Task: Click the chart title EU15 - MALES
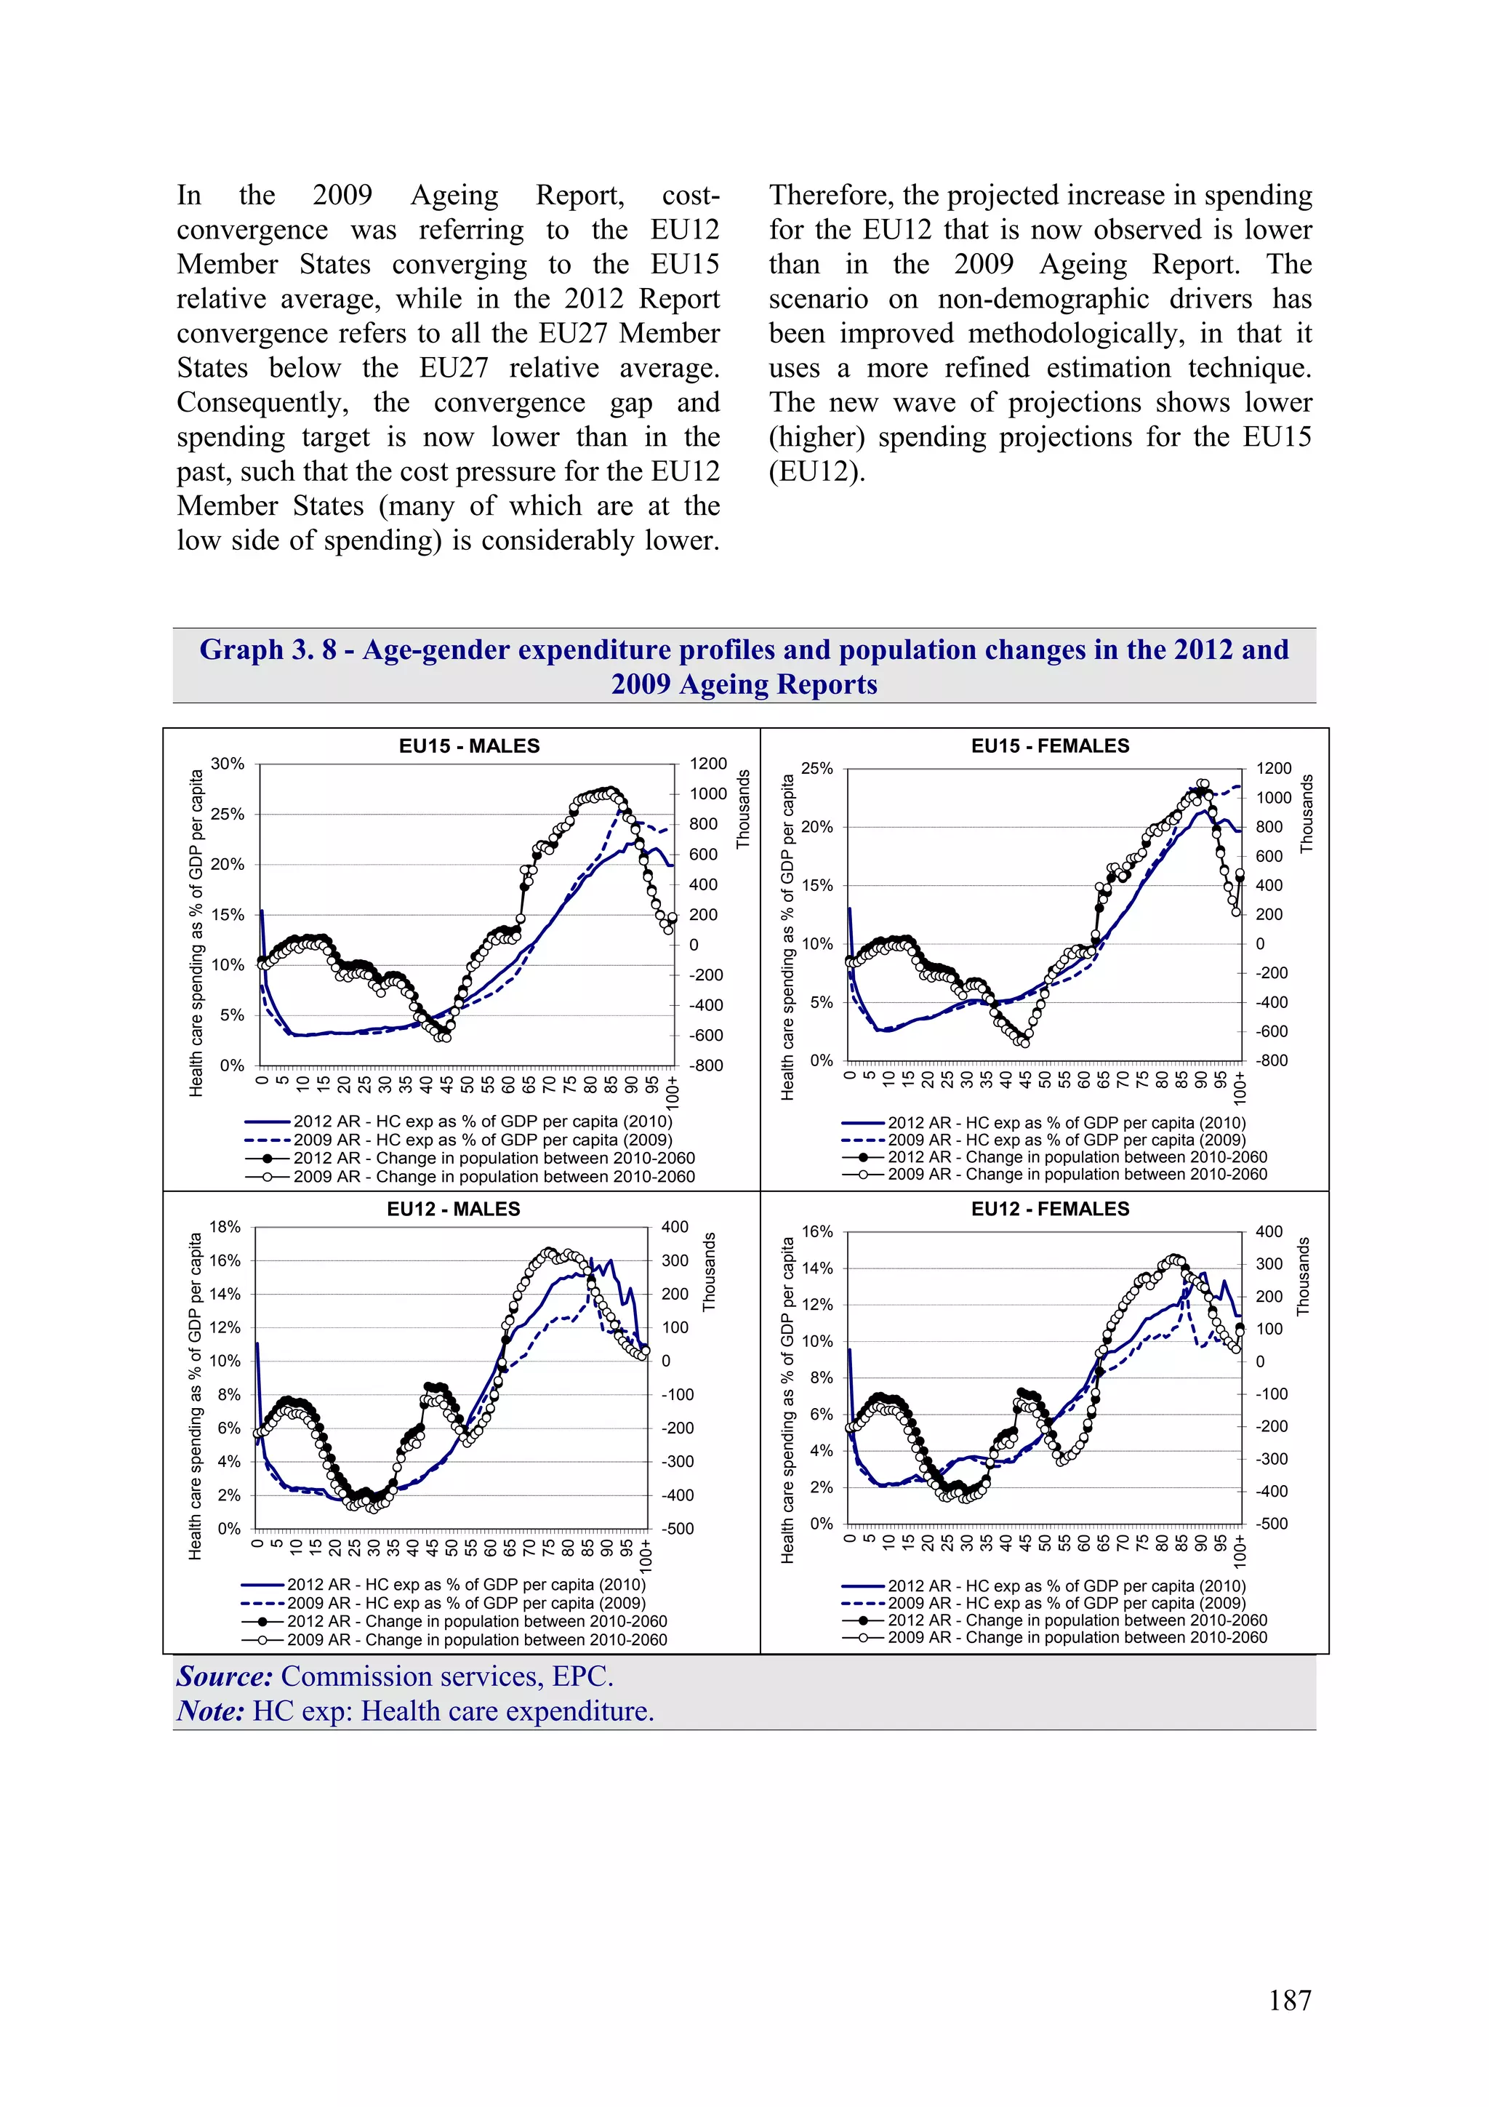pos(469,746)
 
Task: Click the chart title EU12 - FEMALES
pos(1050,1209)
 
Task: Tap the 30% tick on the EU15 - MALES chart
pos(228,764)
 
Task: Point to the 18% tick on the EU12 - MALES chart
pos(225,1227)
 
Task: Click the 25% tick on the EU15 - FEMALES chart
pos(816,768)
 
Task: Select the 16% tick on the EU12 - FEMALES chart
pos(816,1231)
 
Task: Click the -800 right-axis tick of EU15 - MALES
pos(707,1066)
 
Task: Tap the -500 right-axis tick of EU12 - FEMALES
pos(1272,1524)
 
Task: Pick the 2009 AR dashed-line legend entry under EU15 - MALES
pos(481,1140)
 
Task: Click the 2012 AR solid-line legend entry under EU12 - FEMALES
pos(1066,1586)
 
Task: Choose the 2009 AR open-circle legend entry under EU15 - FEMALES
pos(1077,1174)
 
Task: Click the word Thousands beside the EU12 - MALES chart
pos(709,1272)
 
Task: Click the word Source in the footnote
pos(224,1676)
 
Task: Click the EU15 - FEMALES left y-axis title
pos(787,937)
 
